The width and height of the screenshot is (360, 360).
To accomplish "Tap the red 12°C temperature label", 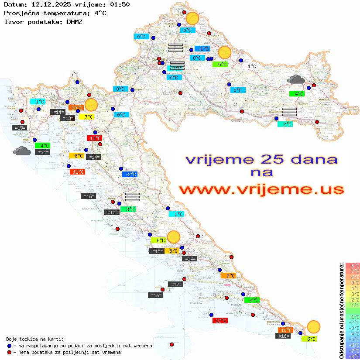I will (220, 321).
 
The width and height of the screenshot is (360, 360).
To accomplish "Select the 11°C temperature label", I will (77, 172).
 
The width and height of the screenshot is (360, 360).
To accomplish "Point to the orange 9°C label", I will (228, 276).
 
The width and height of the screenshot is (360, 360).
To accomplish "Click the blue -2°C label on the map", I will (130, 175).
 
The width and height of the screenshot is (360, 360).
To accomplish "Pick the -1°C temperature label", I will (202, 49).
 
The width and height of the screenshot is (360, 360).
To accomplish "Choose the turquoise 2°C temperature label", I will (285, 124).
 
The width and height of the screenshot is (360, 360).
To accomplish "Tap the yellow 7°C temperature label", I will (86, 117).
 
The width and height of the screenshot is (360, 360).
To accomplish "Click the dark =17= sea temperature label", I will (175, 285).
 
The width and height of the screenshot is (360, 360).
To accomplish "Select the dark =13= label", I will (67, 118).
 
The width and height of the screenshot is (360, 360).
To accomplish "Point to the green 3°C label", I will (128, 209).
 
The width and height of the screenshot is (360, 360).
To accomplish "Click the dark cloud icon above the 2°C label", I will (296, 79).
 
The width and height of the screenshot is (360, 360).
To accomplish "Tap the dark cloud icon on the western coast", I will (22, 151).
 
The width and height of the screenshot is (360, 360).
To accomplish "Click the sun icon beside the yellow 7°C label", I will (91, 105).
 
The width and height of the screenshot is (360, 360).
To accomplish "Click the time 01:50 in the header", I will (120, 4).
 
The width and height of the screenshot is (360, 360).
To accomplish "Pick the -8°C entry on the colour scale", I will (352, 356).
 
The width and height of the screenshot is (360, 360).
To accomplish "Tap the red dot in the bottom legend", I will (10, 352).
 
